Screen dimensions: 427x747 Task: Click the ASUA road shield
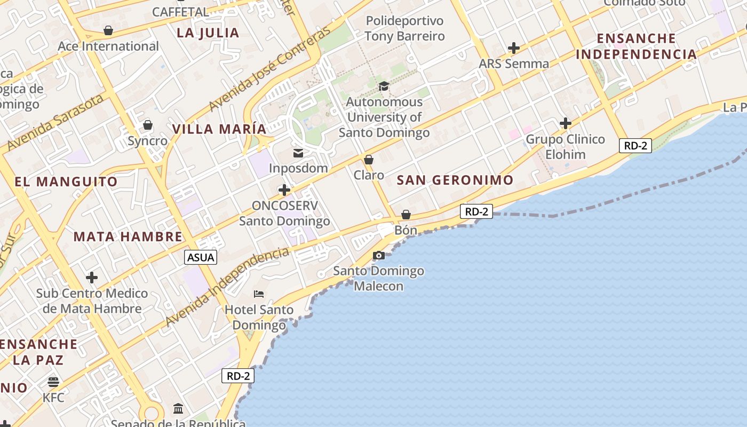click(201, 257)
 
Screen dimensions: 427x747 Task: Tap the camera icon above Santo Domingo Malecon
click(379, 256)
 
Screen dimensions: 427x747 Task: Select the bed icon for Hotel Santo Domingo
click(259, 294)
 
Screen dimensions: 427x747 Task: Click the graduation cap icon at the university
click(384, 86)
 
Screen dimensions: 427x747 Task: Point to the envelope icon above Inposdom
click(298, 153)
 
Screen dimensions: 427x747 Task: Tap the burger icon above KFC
click(53, 382)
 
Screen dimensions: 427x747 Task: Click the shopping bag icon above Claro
click(369, 160)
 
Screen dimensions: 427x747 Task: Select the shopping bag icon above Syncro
click(148, 125)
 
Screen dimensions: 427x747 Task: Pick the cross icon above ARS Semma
click(514, 49)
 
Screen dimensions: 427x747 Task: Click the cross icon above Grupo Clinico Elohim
click(566, 124)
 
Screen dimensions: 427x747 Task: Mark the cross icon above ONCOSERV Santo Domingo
click(284, 190)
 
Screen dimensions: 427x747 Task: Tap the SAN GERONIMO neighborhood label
click(455, 180)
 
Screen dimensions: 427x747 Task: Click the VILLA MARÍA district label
click(219, 129)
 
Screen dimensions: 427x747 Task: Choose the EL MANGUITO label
click(66, 182)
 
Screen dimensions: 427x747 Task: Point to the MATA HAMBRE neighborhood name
click(128, 237)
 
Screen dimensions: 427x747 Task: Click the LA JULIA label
click(208, 33)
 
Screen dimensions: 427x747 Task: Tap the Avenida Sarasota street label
click(55, 122)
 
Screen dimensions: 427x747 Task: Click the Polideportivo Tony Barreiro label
click(404, 29)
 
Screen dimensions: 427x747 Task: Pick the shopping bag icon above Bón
click(406, 215)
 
